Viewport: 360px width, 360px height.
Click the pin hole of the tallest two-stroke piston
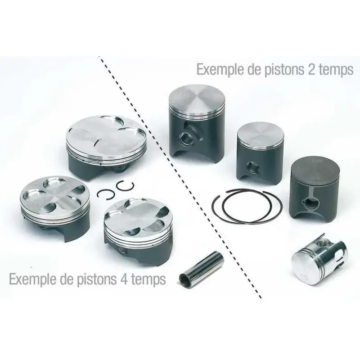coord(187,139)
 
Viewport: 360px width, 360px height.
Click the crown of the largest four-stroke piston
coord(106,134)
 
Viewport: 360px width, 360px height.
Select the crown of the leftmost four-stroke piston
coord(54,191)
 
